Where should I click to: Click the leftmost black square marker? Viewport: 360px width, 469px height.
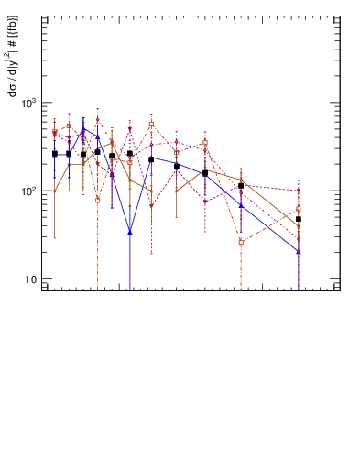coord(55,154)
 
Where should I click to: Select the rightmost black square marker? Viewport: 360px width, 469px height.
coord(299,219)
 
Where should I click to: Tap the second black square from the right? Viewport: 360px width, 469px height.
coord(241,186)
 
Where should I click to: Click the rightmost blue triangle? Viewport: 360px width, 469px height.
coord(299,251)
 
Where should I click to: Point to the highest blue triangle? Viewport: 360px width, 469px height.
coord(83,129)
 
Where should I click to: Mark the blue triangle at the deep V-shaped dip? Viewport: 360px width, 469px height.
coord(130,232)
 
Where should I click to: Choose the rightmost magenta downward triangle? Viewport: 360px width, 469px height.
coord(299,191)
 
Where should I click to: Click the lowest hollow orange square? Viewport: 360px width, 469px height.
coord(241,242)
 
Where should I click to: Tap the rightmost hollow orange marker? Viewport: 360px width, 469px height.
coord(299,209)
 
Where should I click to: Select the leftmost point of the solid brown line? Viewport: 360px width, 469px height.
coord(55,191)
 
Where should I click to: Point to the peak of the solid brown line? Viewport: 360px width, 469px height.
coord(112,141)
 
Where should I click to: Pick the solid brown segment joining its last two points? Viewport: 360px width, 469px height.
coord(270,203)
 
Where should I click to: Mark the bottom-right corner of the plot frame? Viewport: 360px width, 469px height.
coord(340,290)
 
